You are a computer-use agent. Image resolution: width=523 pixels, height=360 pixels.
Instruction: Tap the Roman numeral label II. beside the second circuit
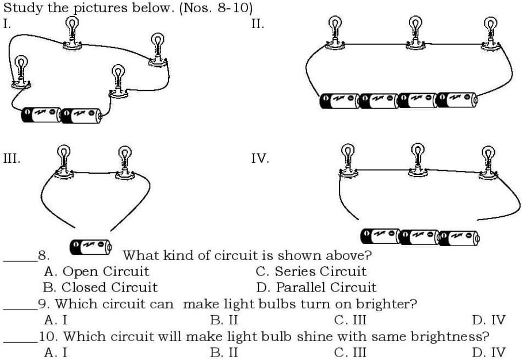tap(258, 24)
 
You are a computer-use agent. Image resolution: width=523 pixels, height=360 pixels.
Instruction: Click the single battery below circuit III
tap(90, 247)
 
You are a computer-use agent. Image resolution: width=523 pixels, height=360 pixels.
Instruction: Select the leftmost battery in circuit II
tap(340, 101)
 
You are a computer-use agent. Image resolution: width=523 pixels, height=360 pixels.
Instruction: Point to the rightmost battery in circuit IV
tap(459, 236)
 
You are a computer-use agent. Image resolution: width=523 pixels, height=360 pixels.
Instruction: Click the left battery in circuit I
tap(41, 115)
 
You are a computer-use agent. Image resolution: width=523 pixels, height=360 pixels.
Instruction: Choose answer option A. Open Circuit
tap(96, 271)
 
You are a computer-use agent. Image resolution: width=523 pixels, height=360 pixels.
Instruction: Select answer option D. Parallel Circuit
tap(316, 287)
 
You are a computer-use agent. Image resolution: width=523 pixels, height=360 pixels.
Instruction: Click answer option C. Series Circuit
tap(311, 271)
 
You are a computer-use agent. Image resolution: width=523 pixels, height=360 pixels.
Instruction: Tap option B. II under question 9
tap(224, 320)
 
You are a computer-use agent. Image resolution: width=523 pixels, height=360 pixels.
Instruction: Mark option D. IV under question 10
tap(488, 352)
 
